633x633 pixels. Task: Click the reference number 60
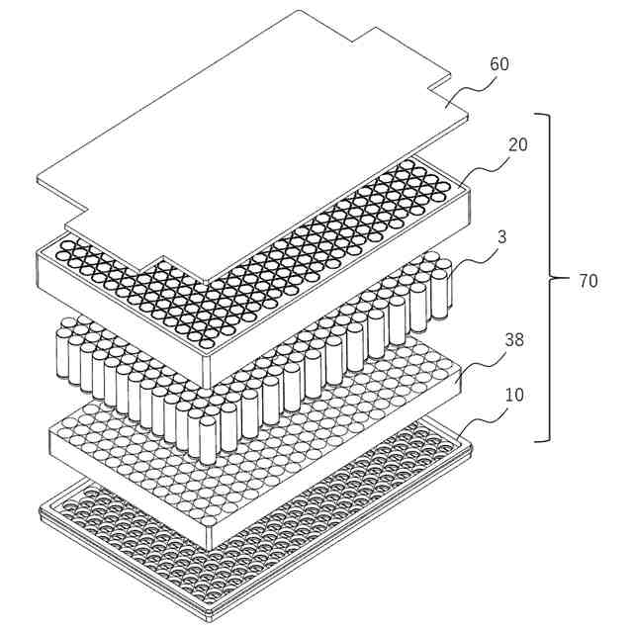pyautogui.click(x=498, y=64)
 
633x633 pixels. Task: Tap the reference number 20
pyautogui.click(x=517, y=145)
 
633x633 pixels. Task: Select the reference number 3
pyautogui.click(x=501, y=237)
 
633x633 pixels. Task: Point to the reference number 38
pyautogui.click(x=514, y=340)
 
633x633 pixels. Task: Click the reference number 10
pyautogui.click(x=514, y=395)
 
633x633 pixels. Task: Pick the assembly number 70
pyautogui.click(x=588, y=281)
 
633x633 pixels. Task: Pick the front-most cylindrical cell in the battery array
pyautogui.click(x=208, y=440)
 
